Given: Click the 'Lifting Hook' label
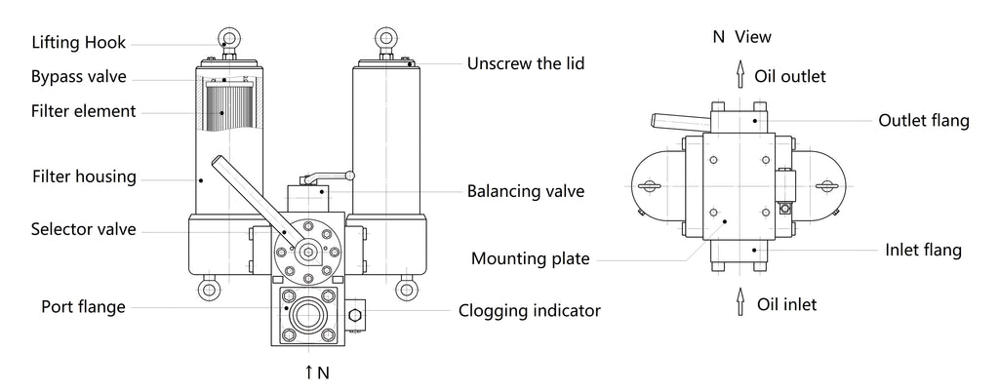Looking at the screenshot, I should (79, 42).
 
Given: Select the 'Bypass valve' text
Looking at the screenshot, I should (78, 77).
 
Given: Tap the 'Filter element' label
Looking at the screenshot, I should (84, 111).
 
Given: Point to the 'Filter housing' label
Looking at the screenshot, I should (84, 177).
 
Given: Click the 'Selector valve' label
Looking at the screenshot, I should (84, 230).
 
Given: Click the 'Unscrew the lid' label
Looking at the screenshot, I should (525, 64).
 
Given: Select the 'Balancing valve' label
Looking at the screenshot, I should (526, 191).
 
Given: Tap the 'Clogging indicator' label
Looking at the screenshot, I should (530, 311).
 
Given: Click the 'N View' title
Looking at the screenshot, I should (741, 37).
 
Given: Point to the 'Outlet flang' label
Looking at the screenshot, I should (924, 121).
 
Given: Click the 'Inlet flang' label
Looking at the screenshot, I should (922, 251).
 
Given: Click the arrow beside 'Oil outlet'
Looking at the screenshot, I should (740, 76).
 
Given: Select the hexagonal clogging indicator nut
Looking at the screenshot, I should (354, 314).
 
